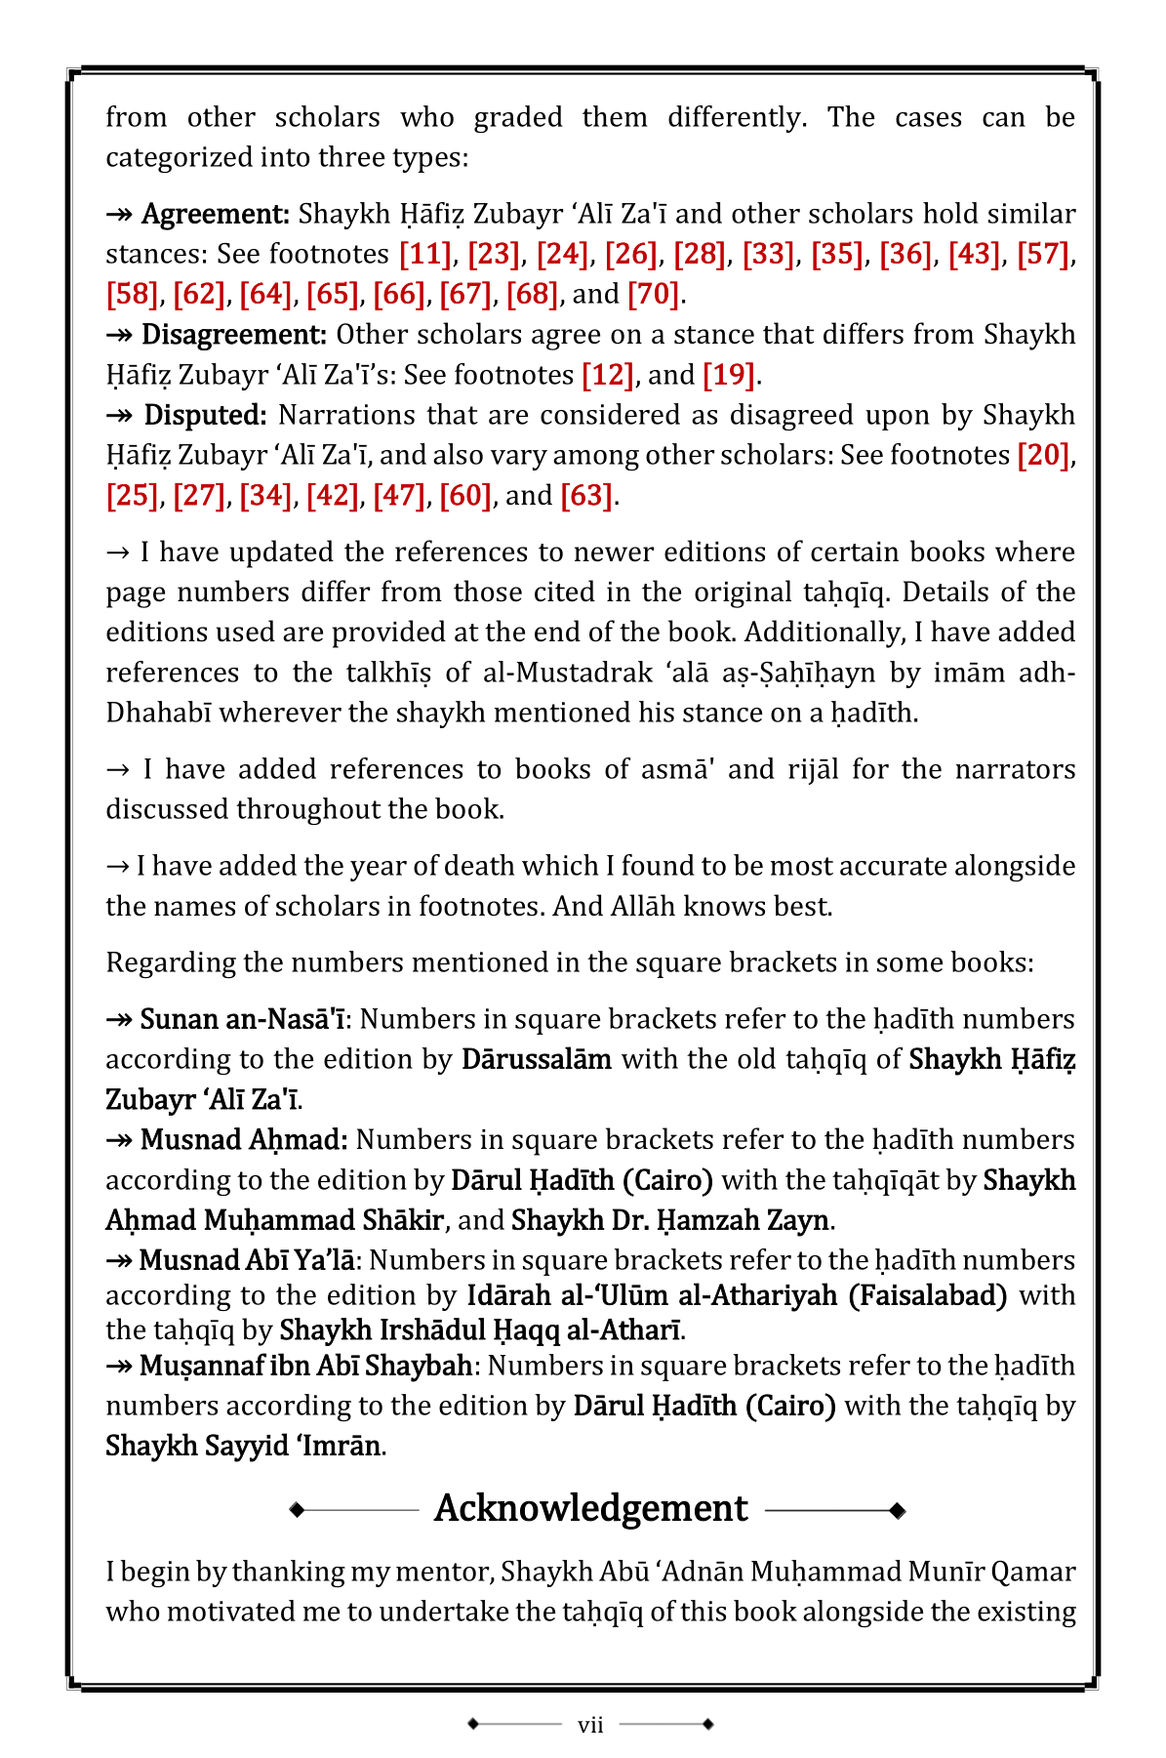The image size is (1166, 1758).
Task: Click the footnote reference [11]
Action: tap(425, 255)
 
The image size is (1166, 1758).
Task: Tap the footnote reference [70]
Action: tap(653, 295)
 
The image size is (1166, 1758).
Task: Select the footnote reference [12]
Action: tap(608, 376)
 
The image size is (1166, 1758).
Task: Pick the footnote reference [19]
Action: tap(729, 376)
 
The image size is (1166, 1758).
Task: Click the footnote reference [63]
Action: tap(586, 497)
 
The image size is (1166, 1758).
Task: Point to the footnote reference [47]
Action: tap(399, 497)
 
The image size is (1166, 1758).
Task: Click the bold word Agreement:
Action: tap(216, 215)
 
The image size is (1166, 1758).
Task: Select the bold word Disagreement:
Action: tap(234, 336)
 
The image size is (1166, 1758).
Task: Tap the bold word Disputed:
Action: tap(205, 416)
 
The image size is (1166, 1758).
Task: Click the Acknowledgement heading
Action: tap(591, 1509)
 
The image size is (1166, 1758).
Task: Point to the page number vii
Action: tap(590, 1725)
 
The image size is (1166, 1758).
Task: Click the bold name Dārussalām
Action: tap(537, 1060)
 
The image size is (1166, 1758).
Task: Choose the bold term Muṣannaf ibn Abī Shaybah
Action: tap(305, 1366)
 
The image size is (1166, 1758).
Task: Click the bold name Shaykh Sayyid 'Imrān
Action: tap(243, 1446)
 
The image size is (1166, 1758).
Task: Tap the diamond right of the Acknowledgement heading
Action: tap(898, 1511)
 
